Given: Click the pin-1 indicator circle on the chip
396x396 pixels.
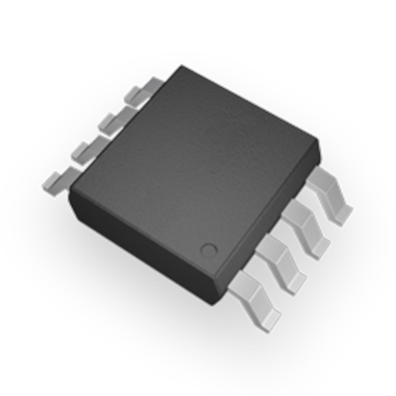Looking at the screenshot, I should (208, 248).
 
